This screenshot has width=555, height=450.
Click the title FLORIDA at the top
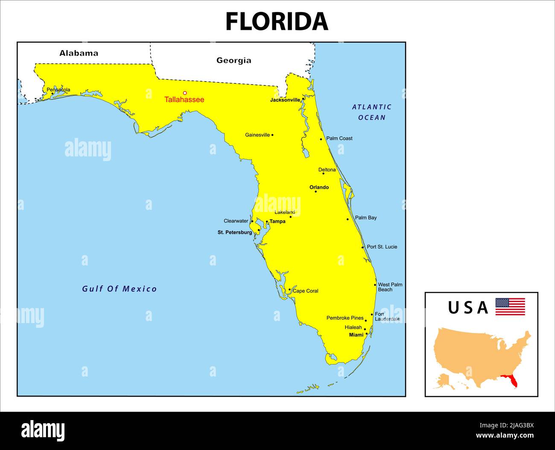coord(277,21)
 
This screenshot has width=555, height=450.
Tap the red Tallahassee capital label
coord(184,100)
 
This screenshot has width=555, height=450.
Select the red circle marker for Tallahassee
coord(185,93)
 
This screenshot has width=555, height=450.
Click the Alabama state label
coord(79,53)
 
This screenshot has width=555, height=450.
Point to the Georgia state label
coord(234,60)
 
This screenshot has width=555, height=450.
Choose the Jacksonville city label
coord(285,100)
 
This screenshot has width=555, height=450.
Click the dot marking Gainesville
coord(272,135)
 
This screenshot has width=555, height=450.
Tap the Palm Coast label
coord(339,138)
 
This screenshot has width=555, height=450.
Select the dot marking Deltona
coord(323,174)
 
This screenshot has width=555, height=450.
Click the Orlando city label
coord(319,187)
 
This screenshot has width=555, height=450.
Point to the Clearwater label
coord(236,221)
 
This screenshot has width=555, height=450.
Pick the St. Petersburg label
coord(234,232)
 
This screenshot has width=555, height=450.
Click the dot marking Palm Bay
coord(348,219)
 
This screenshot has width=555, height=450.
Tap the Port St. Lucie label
coord(382,247)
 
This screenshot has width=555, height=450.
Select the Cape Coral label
coord(305,291)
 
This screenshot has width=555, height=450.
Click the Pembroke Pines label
coord(345,318)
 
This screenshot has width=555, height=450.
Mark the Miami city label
coord(356,335)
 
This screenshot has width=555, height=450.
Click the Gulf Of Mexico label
coord(119,289)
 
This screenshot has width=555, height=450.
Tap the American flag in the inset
coord(510,307)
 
